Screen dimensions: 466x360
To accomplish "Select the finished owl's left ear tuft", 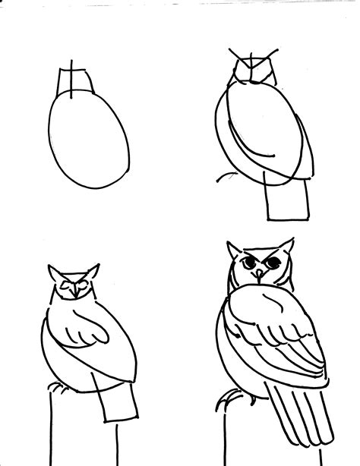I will point(232,250).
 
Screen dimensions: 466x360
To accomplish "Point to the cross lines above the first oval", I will point(71,76).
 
